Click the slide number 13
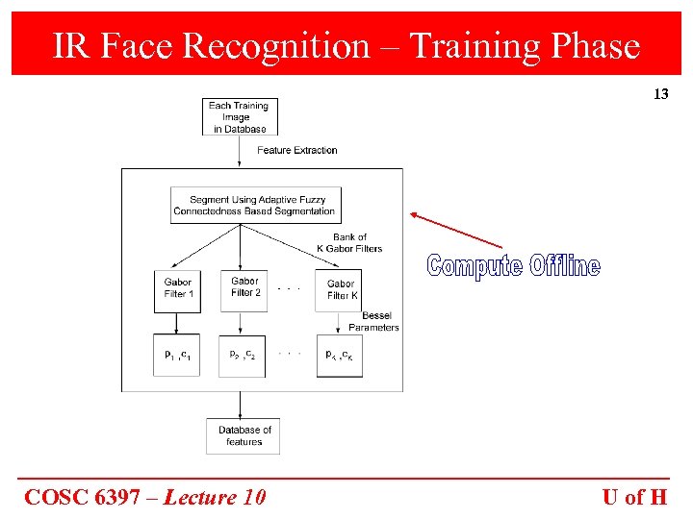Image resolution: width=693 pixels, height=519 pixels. pyautogui.click(x=660, y=94)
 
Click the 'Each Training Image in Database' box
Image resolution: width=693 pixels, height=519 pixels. pyautogui.click(x=239, y=117)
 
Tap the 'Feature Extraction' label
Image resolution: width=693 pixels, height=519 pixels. pyautogui.click(x=297, y=150)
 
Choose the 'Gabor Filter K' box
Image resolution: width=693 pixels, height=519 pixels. pyautogui.click(x=341, y=289)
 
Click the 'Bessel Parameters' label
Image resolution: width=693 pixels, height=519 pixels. pyautogui.click(x=373, y=321)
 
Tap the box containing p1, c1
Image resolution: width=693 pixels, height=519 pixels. pyautogui.click(x=177, y=356)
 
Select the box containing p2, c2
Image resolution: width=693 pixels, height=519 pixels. pyautogui.click(x=242, y=356)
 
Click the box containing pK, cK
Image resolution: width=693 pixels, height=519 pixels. pyautogui.click(x=340, y=356)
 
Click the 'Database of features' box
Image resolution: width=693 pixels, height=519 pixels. pyautogui.click(x=244, y=435)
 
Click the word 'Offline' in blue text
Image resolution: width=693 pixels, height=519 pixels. pyautogui.click(x=564, y=266)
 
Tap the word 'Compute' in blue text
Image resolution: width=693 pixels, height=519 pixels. pyautogui.click(x=475, y=266)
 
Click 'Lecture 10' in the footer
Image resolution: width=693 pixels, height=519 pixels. pyautogui.click(x=215, y=497)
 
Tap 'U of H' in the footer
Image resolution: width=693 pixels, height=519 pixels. pyautogui.click(x=634, y=497)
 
